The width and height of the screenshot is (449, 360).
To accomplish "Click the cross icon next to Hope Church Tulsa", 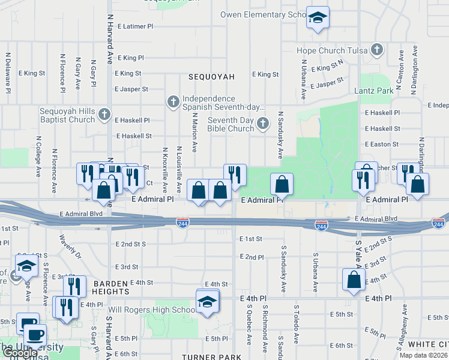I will tap(376, 50).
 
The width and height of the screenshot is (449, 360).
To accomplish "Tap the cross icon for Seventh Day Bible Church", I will tap(262, 124).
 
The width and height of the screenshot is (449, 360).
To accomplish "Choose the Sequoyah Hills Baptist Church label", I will tap(67, 115).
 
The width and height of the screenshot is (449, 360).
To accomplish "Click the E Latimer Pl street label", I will tap(135, 26).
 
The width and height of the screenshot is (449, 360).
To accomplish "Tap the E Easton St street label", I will tap(381, 144).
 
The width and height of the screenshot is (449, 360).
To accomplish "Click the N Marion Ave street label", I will tap(194, 139).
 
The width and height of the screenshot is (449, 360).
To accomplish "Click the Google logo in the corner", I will tap(20, 353).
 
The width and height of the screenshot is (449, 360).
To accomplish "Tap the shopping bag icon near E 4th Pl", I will tap(354, 280).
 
